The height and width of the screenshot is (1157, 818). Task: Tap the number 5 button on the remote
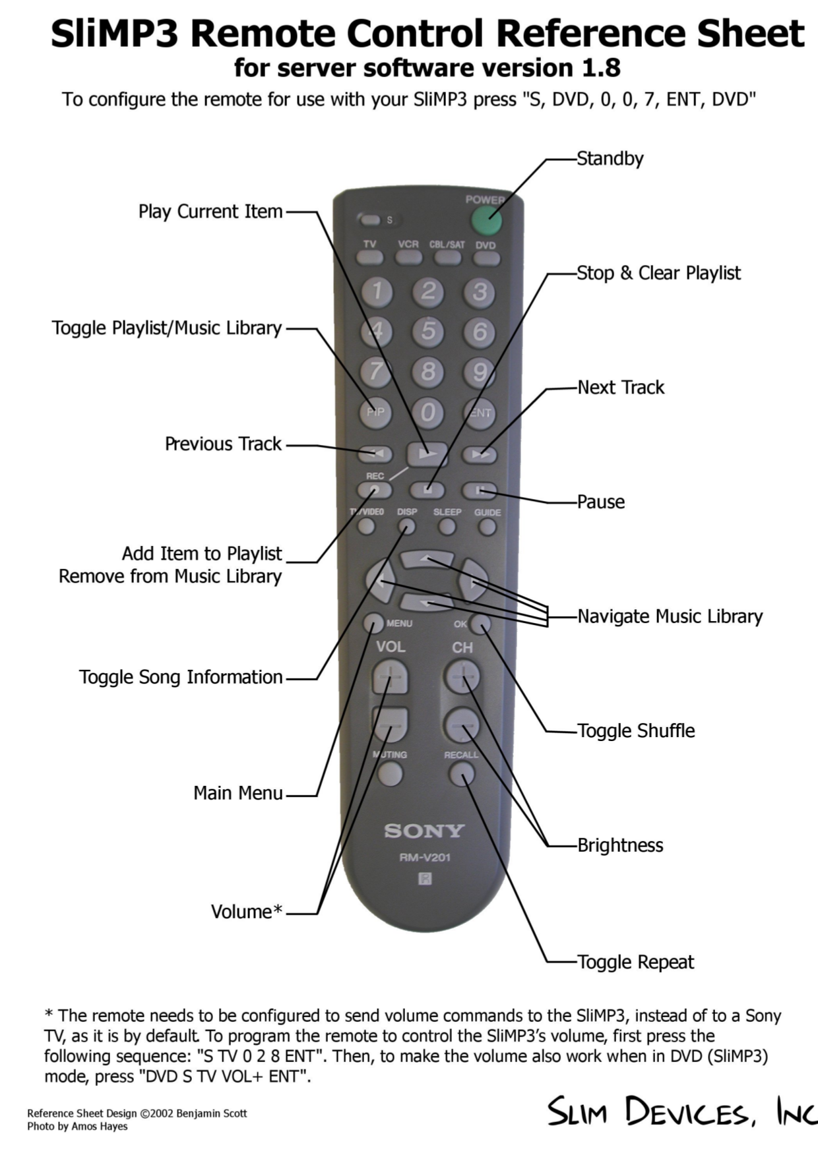(428, 331)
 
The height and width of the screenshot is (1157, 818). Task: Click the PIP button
(375, 412)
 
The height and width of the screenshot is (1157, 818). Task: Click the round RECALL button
(461, 774)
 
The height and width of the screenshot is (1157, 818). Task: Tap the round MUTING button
(391, 773)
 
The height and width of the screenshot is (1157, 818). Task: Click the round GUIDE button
(488, 527)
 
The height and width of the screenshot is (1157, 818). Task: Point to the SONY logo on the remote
(424, 831)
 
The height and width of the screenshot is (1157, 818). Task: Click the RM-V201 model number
(424, 857)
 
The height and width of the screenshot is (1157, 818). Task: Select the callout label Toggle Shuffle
(636, 730)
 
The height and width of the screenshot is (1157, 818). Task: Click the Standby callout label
(610, 158)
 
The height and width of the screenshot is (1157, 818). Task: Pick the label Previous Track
(223, 444)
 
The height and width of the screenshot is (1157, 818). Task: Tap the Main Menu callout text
(237, 792)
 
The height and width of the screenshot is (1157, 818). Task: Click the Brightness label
(620, 845)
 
